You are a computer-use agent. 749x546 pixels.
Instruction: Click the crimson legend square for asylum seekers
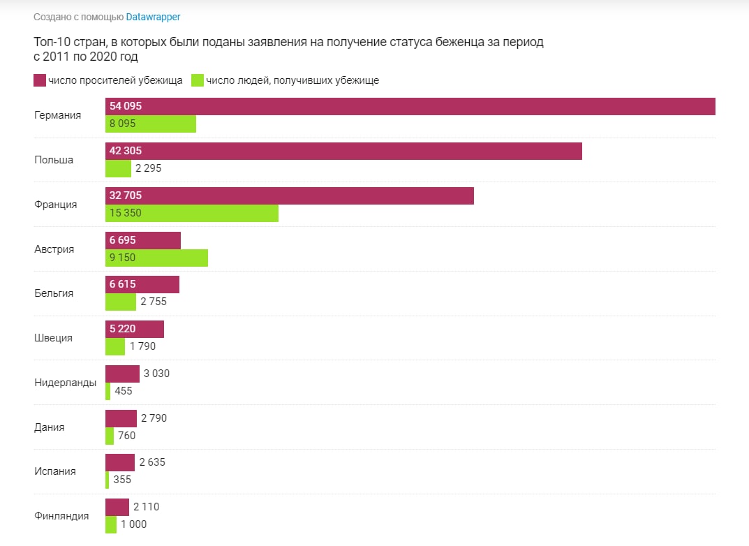point(40,80)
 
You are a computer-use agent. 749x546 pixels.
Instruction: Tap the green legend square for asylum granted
point(197,80)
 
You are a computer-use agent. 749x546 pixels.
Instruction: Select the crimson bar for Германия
point(410,106)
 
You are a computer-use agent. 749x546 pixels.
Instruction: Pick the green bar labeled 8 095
point(151,124)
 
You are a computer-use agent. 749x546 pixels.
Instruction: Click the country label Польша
point(54,160)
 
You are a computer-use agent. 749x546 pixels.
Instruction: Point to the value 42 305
point(126,151)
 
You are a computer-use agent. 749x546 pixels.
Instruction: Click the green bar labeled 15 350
point(192,213)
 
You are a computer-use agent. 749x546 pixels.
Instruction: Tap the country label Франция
point(56,205)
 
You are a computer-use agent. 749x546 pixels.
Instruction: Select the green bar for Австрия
point(156,258)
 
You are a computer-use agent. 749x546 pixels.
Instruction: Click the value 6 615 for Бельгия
point(123,284)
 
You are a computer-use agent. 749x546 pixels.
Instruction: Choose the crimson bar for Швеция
point(135,329)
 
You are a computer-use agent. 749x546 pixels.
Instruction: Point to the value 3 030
point(156,374)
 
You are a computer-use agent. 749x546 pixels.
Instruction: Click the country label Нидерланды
point(65,383)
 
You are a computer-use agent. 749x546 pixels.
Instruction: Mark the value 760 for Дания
point(126,436)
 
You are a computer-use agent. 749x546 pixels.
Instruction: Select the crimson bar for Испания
point(120,462)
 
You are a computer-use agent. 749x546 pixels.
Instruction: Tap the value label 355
point(122,480)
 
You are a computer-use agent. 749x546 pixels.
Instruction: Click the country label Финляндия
point(61,516)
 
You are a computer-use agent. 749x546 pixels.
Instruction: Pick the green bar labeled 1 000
point(111,524)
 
